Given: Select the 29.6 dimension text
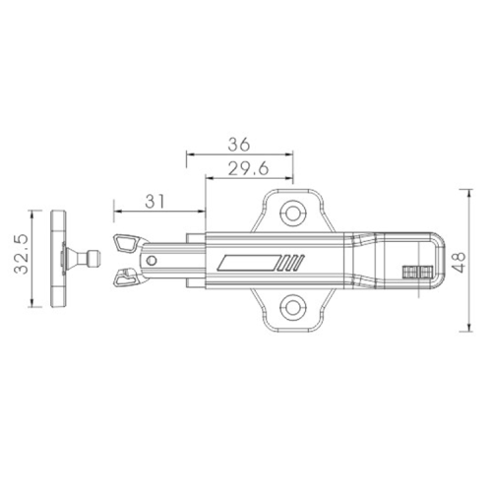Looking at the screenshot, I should coord(251,168).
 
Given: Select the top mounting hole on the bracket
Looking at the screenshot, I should coord(292,213).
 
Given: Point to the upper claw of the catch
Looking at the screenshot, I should coord(128,241).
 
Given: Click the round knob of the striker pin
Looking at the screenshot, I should coord(94,259).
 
